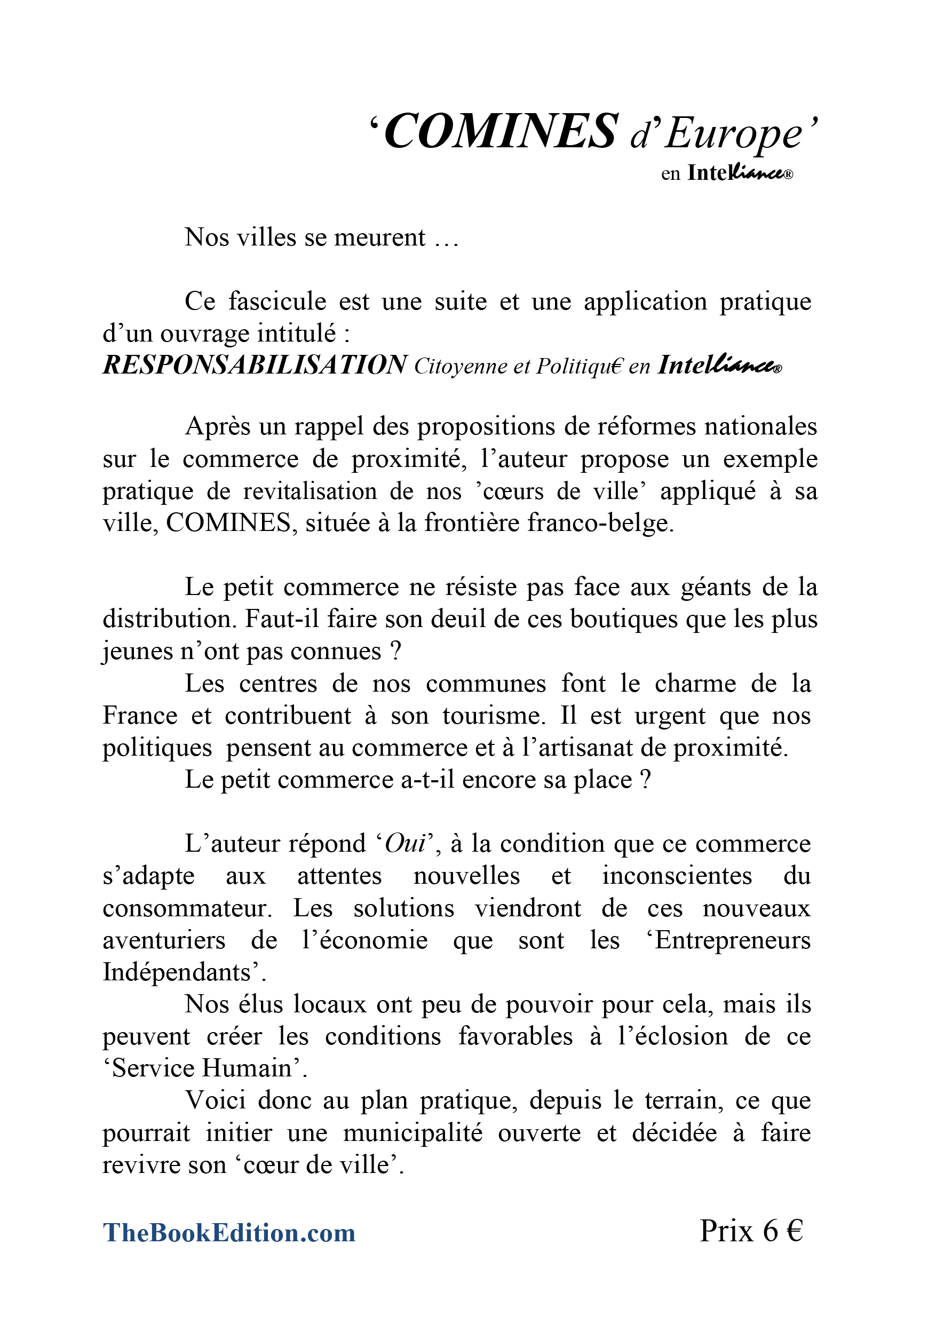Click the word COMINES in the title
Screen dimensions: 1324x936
(500, 131)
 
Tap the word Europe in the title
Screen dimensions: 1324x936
(733, 134)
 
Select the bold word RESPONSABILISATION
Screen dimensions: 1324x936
(255, 365)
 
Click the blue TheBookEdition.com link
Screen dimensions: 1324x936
(229, 1232)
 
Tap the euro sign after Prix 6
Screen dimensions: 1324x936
(794, 1230)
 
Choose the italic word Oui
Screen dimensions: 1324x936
(405, 844)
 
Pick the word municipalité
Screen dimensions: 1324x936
(413, 1132)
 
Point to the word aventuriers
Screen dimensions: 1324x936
(164, 940)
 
